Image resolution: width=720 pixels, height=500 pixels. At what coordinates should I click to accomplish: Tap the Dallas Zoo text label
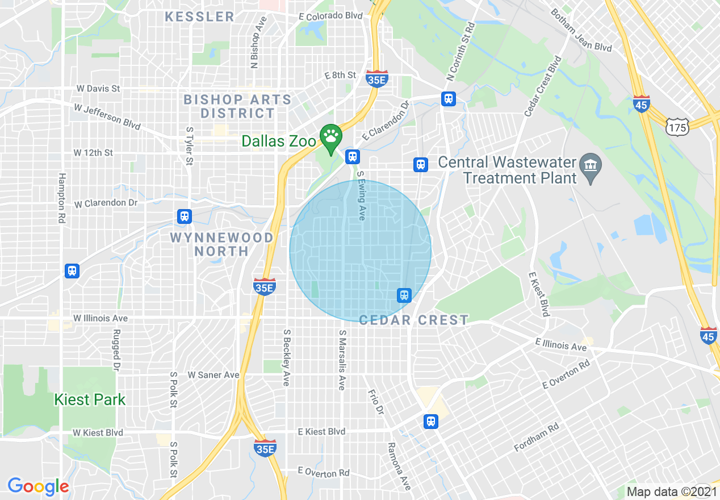[x=278, y=141]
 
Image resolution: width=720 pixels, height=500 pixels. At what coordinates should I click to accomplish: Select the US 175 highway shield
[x=678, y=128]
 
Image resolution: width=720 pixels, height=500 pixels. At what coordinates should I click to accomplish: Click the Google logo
[x=38, y=486]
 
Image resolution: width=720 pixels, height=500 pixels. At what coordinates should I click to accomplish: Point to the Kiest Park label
[x=90, y=399]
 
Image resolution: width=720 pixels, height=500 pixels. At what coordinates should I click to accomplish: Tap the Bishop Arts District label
[x=237, y=106]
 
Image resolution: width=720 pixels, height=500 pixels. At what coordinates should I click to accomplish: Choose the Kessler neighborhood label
[x=199, y=16]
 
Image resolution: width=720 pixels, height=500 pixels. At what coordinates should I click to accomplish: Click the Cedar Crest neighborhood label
[x=414, y=320]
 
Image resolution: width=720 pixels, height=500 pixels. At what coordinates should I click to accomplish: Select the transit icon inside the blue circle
[x=404, y=295]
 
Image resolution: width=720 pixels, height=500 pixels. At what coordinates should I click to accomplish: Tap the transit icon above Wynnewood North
[x=184, y=216]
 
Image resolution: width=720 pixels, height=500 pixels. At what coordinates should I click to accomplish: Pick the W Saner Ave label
[x=214, y=375]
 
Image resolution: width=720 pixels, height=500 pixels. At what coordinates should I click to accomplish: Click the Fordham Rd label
[x=537, y=438]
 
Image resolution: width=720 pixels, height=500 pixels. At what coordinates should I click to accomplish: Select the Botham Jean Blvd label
[x=581, y=31]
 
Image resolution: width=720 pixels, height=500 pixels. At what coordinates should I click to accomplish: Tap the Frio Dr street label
[x=376, y=402]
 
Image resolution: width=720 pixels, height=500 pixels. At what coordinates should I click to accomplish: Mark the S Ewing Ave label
[x=361, y=197]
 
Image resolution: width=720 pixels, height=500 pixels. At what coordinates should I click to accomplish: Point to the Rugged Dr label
[x=116, y=350]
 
